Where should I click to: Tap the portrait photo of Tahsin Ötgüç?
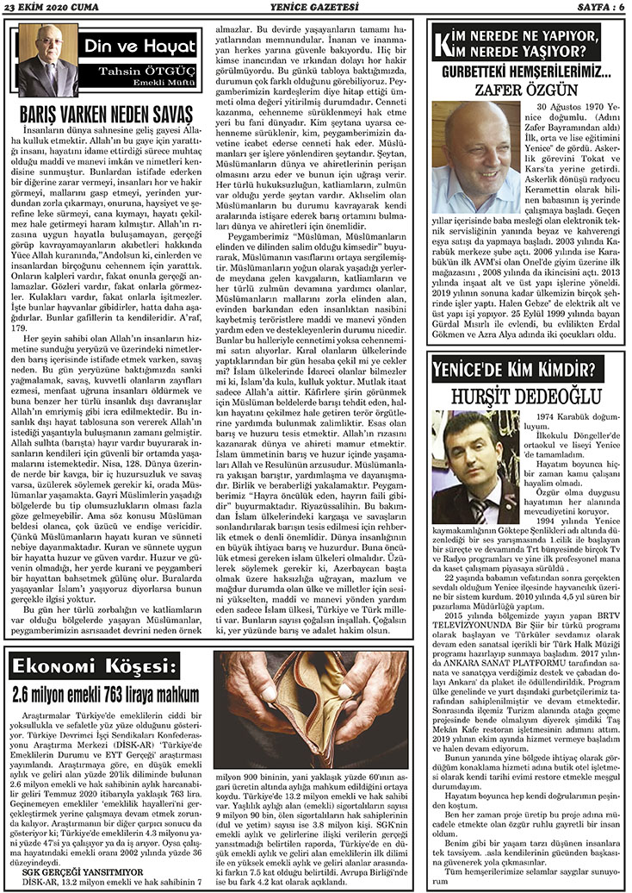(47, 61)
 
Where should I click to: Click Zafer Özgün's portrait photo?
(476, 157)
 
